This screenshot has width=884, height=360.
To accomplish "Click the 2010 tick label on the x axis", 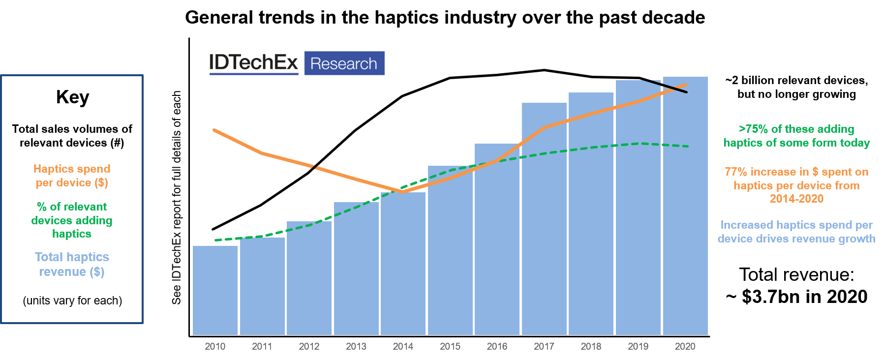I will (215, 347).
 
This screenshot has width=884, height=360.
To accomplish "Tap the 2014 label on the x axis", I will (403, 347).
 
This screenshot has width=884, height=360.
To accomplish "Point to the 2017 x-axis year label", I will (544, 347).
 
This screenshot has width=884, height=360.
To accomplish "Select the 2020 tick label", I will (685, 347).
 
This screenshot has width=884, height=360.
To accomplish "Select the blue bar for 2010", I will (215, 290).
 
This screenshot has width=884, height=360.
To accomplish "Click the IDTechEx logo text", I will (254, 63).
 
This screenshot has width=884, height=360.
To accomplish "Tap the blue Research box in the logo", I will (344, 63).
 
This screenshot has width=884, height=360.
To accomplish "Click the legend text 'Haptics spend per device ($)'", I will (72, 176).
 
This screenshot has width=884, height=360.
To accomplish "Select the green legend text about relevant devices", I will (72, 220).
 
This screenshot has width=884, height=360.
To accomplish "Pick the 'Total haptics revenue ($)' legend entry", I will (72, 264).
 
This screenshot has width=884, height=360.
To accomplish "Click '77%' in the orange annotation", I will (735, 172).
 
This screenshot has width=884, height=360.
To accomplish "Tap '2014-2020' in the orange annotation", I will (796, 199).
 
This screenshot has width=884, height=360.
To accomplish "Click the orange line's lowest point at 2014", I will (403, 192).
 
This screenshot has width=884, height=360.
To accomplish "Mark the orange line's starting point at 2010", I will (214, 130).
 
